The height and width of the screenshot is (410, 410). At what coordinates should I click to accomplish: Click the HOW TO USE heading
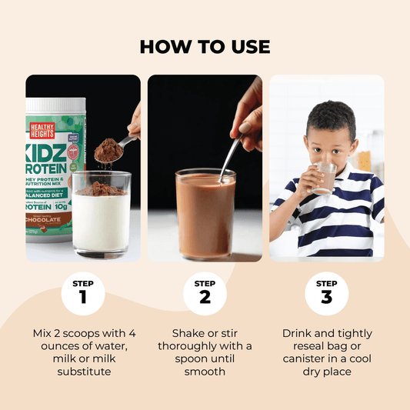pyautogui.click(x=205, y=46)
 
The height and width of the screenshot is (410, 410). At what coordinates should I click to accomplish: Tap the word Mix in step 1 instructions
pyautogui.click(x=45, y=333)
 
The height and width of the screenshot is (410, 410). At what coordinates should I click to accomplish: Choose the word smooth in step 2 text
pyautogui.click(x=205, y=371)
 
